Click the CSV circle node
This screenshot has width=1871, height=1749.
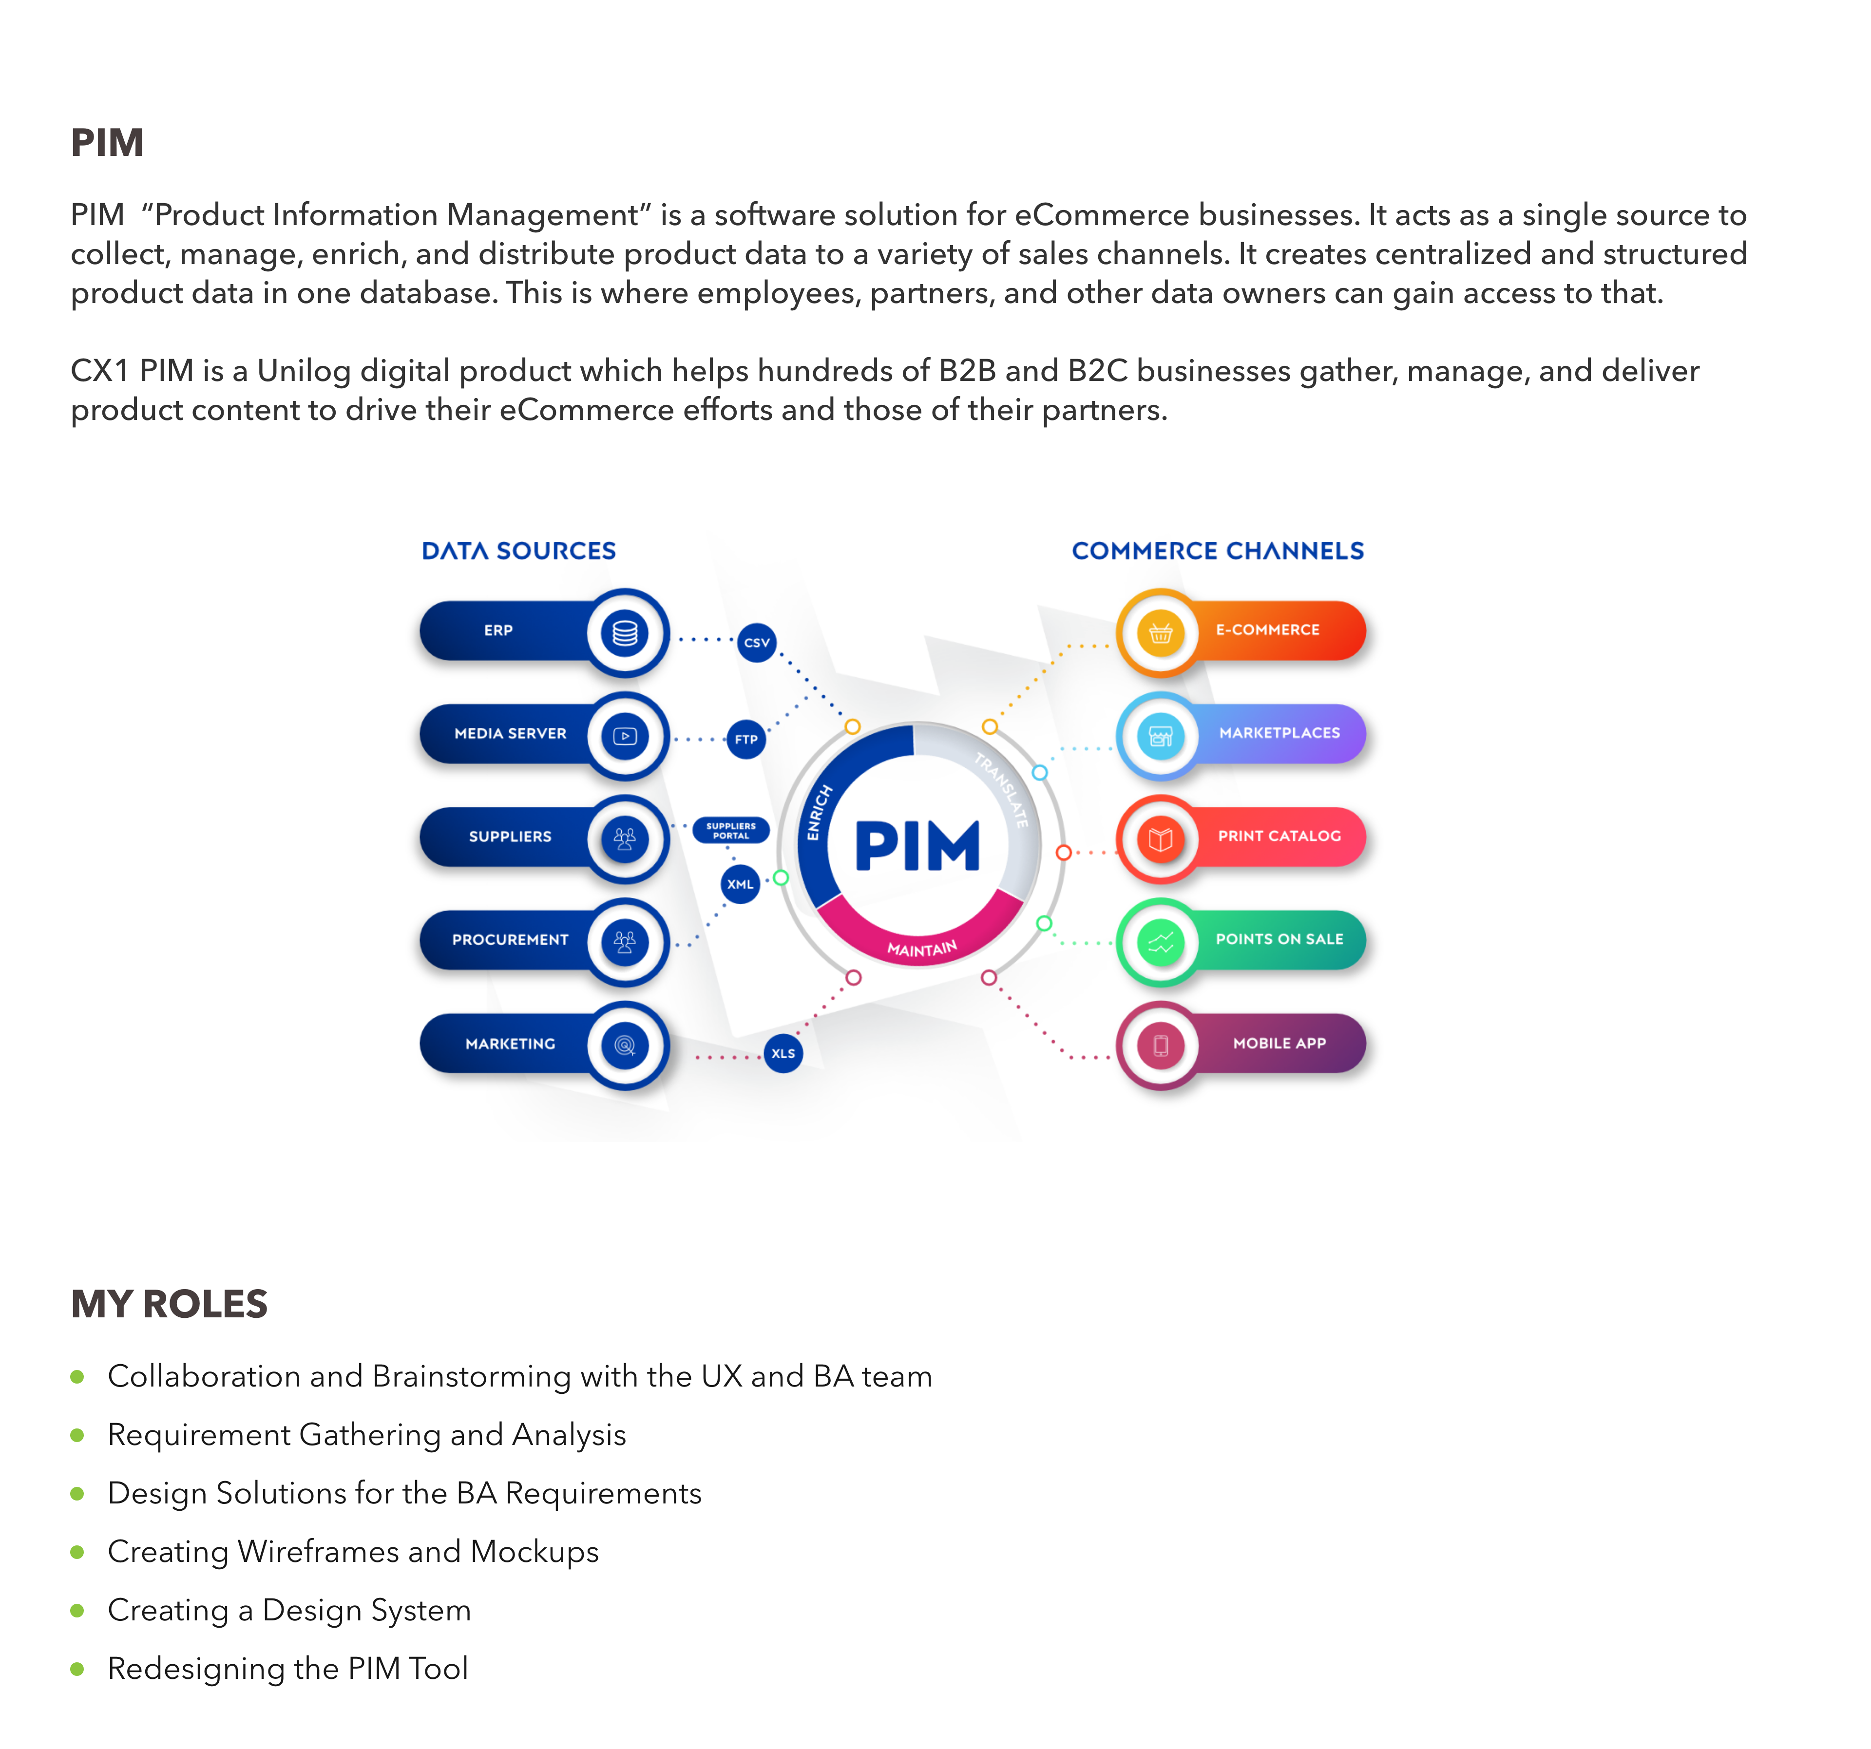tap(757, 643)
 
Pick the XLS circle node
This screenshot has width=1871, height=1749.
tap(783, 1053)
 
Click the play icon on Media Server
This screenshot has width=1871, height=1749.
tap(625, 736)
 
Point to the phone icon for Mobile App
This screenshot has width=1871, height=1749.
tap(1161, 1046)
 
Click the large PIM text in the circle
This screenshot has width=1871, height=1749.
tap(916, 846)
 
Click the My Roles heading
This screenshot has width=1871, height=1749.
tap(170, 1304)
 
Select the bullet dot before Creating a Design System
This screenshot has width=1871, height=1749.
tap(77, 1611)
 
